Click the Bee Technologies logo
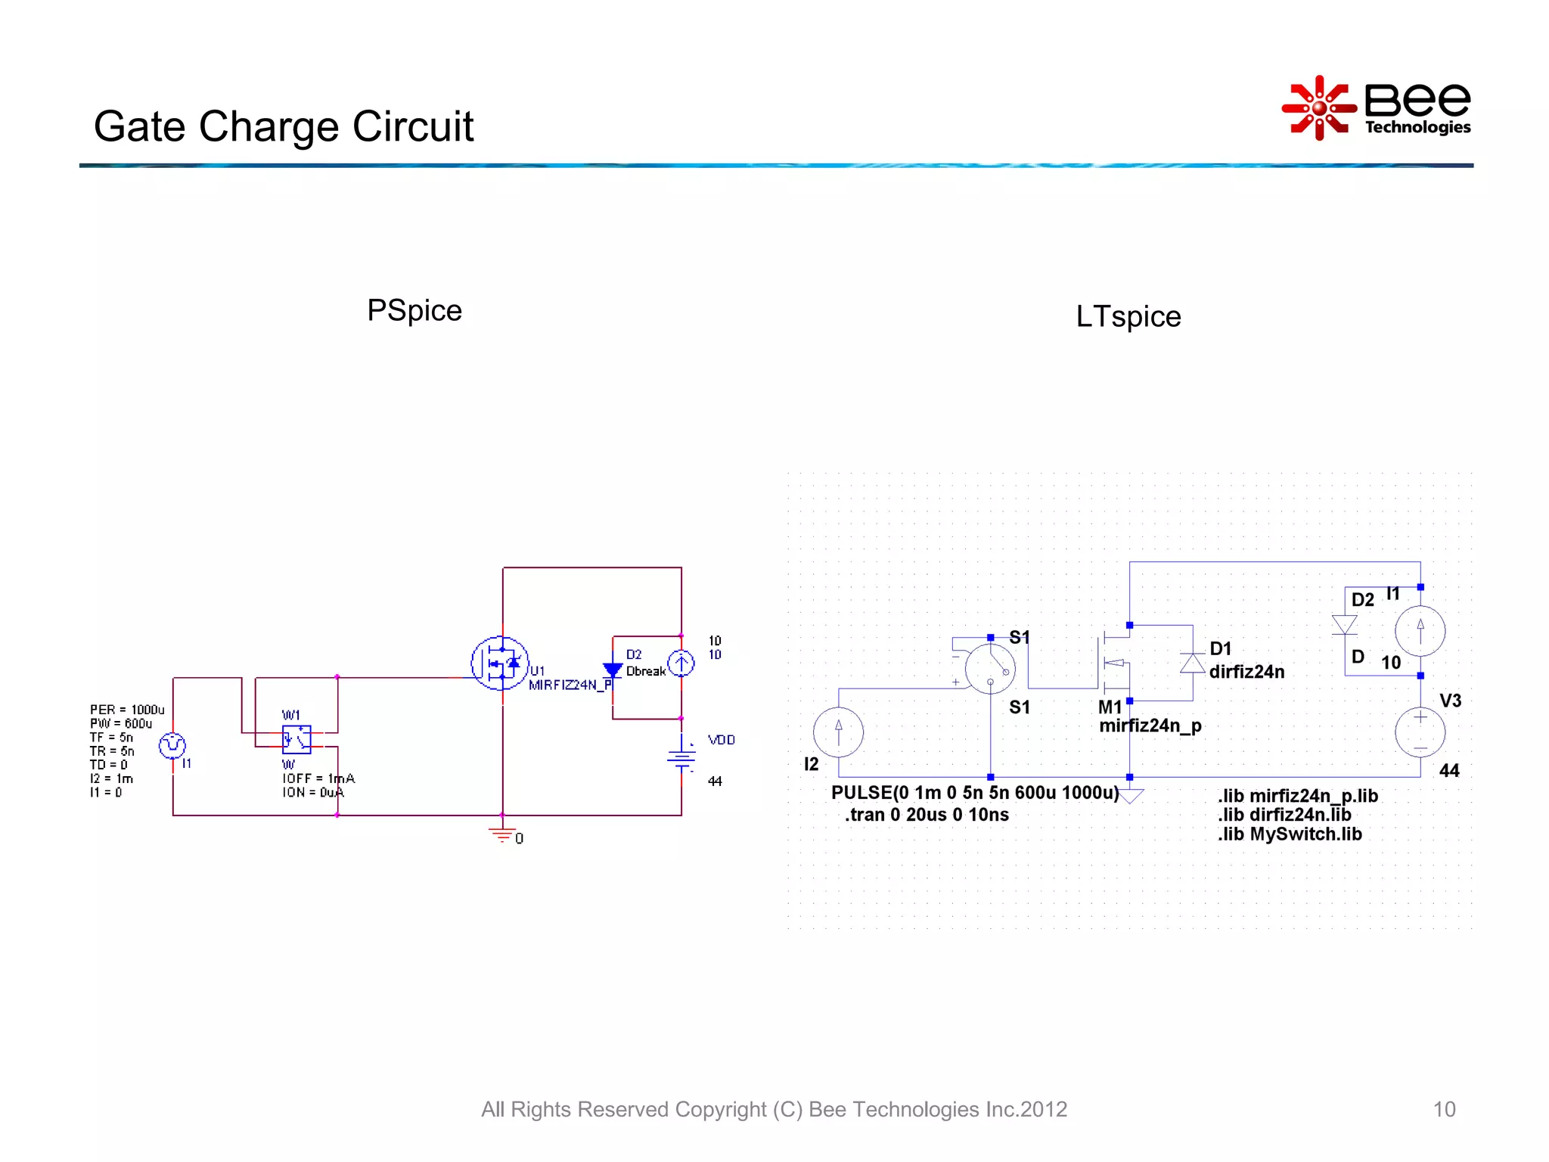(x=1377, y=108)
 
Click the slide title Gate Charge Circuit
(x=284, y=126)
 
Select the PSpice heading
(x=414, y=310)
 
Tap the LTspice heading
(x=1128, y=316)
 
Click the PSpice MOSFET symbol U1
(x=499, y=663)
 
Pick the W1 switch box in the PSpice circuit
(x=296, y=739)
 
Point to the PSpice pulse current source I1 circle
(x=172, y=746)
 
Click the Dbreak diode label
(x=645, y=672)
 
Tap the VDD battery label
(x=721, y=740)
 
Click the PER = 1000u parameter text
(x=127, y=710)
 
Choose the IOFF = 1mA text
(x=318, y=778)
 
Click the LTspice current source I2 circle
(x=838, y=732)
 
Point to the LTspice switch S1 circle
(x=990, y=669)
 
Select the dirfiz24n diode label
(x=1246, y=672)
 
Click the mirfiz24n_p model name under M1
(x=1150, y=726)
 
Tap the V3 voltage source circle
(x=1420, y=732)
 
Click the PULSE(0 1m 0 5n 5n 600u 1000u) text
(x=974, y=793)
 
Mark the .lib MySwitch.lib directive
(x=1289, y=834)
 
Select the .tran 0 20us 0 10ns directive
(x=927, y=815)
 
